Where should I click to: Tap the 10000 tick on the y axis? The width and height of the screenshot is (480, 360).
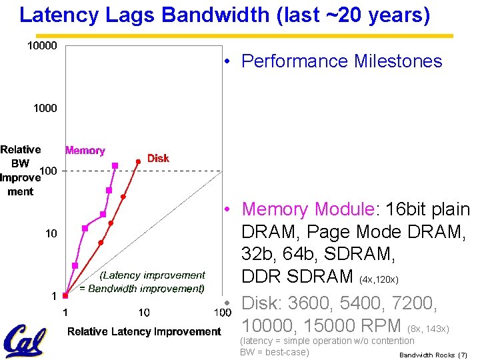click(x=41, y=45)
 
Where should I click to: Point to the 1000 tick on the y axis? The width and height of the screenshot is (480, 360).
click(x=45, y=108)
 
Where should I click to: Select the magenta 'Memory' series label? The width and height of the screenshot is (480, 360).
click(x=85, y=151)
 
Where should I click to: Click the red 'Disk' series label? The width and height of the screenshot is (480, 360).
click(x=158, y=158)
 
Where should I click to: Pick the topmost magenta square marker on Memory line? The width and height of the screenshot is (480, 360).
click(x=115, y=165)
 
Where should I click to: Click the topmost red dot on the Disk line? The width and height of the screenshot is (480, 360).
click(x=138, y=161)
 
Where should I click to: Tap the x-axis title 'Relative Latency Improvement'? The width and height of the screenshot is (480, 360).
click(x=144, y=331)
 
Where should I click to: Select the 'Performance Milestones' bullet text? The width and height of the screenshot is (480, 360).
click(x=341, y=61)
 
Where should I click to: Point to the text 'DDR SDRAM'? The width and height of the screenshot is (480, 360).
click(x=297, y=276)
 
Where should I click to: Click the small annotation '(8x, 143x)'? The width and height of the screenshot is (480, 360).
click(x=429, y=329)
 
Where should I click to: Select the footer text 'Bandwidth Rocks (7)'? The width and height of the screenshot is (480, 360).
click(x=433, y=355)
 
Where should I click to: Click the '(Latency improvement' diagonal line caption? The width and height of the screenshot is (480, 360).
click(x=153, y=275)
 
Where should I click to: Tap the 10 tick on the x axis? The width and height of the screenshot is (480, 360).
click(x=143, y=312)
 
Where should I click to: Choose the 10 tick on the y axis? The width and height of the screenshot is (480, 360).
click(x=51, y=233)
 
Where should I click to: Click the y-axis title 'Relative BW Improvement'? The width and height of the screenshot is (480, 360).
click(x=21, y=171)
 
